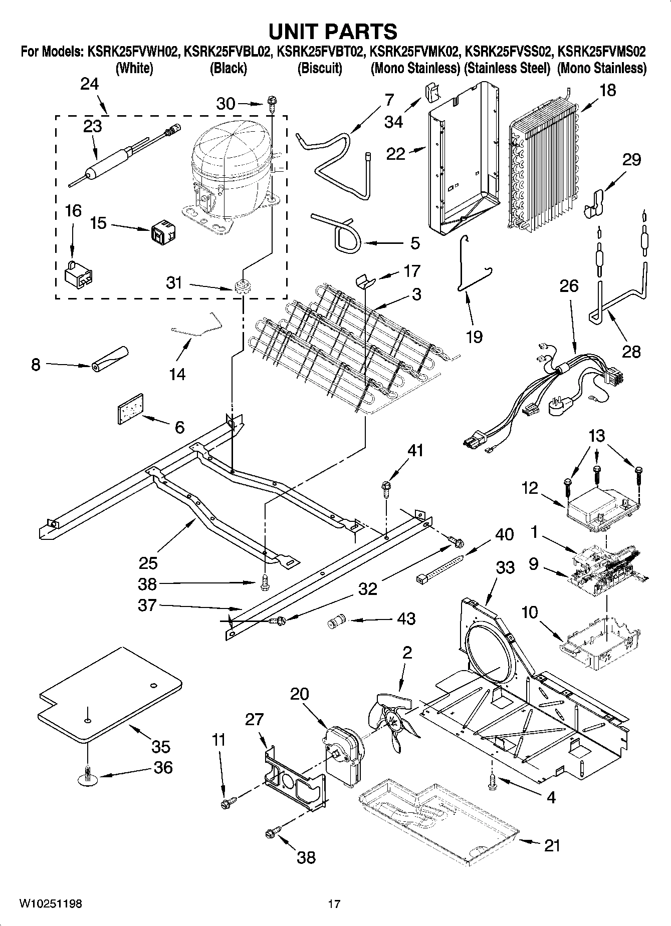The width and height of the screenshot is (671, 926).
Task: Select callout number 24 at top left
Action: tap(90, 84)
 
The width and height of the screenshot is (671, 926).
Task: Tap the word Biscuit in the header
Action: tap(320, 68)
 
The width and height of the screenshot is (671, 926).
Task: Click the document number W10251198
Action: tap(51, 903)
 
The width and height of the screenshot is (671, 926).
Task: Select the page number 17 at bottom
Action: tap(334, 903)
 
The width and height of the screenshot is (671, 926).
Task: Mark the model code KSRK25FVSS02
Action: tap(508, 51)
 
